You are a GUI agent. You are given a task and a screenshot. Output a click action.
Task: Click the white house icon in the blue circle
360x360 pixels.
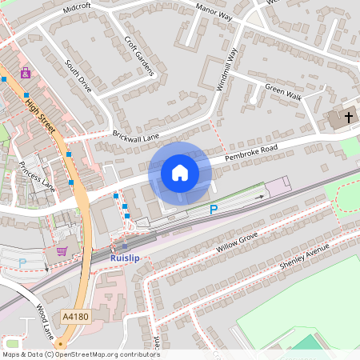coord(180,173)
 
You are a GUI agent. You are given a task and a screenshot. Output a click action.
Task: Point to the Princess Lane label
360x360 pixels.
coord(37,177)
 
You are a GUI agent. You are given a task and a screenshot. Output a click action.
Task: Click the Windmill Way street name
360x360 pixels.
coord(227,70)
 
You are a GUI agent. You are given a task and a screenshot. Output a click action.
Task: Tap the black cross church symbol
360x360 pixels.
coord(348,118)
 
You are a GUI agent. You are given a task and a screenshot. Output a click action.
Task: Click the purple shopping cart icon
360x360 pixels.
coord(62,251)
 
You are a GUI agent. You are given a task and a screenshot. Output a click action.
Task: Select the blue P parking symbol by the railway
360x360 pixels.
coord(213,210)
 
